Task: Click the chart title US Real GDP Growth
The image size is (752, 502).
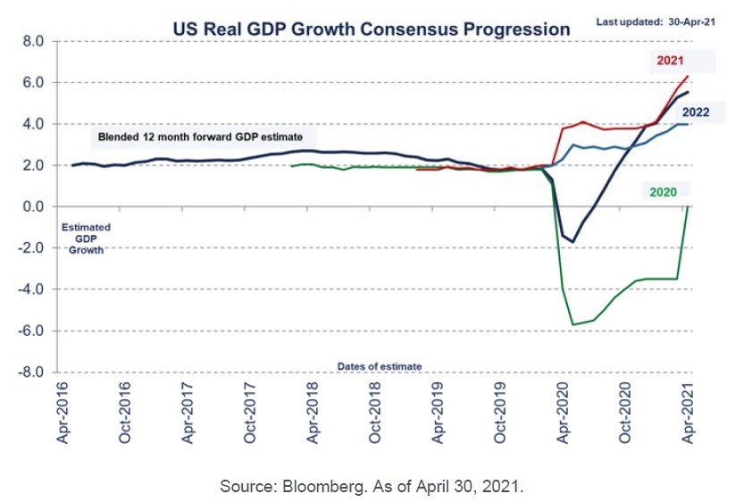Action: coord(371,29)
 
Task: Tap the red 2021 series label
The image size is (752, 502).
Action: coord(669,60)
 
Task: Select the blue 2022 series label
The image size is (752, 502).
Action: coord(696,112)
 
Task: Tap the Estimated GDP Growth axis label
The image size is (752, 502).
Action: coord(86,238)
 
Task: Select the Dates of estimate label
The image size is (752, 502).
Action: coord(380,366)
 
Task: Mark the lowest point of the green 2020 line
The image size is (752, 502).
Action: coord(573,324)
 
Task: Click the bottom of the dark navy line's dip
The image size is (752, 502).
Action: coord(573,242)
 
